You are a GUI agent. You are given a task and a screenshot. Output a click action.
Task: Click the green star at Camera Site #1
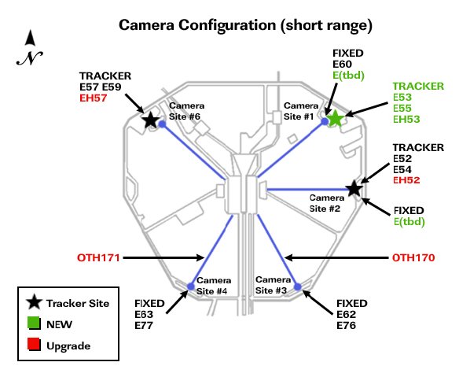tap(336, 119)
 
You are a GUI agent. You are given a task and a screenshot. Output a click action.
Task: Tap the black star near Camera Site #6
tap(151, 120)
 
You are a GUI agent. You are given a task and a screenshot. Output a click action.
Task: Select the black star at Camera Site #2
tap(354, 189)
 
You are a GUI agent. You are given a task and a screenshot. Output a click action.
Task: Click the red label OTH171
tap(98, 257)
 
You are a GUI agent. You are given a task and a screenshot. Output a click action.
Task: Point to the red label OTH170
tap(413, 257)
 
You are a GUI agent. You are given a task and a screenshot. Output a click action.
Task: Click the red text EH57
tap(94, 98)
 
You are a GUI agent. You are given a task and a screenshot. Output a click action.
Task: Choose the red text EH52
tap(406, 180)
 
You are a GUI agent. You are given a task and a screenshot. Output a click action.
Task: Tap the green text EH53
tap(406, 119)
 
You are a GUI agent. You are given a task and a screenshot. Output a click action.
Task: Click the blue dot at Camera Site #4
tap(191, 286)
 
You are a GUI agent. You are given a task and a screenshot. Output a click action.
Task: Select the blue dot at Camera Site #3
tap(297, 286)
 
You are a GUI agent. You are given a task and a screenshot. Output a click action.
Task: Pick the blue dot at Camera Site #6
tap(162, 124)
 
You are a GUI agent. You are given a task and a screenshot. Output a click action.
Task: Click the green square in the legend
tap(34, 323)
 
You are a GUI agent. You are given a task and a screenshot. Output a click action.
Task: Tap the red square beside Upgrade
tap(34, 345)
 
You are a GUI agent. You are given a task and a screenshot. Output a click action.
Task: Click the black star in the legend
tap(34, 302)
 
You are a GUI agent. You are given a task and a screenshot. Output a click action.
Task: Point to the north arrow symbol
tap(30, 47)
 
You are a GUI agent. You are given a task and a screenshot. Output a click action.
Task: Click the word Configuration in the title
tap(227, 25)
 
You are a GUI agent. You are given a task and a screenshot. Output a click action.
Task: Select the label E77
tap(144, 325)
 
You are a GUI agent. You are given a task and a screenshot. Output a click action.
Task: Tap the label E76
tap(346, 325)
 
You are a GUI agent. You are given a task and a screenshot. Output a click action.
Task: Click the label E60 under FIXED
tap(343, 65)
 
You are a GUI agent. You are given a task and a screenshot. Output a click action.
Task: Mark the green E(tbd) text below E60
tap(348, 76)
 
